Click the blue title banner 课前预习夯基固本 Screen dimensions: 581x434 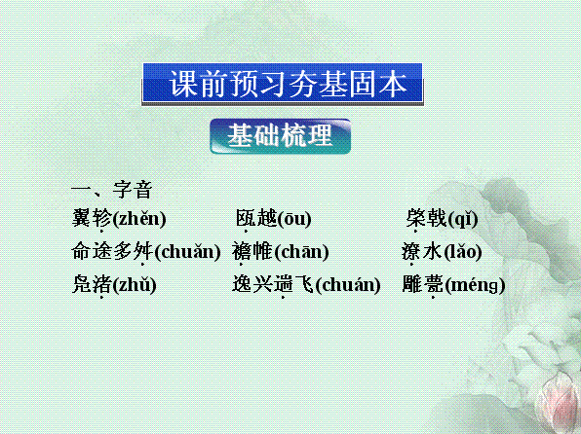pyautogui.click(x=283, y=85)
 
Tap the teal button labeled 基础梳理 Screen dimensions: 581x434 pyautogui.click(x=280, y=136)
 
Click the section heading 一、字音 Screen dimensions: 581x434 pyautogui.click(x=111, y=190)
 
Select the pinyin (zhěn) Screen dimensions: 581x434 pyautogui.click(x=139, y=219)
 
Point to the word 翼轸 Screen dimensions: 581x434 pyautogui.click(x=92, y=218)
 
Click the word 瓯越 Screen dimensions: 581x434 pyautogui.click(x=256, y=218)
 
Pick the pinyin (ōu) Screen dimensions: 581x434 pyautogui.click(x=293, y=219)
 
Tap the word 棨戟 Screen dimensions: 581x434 pyautogui.click(x=426, y=218)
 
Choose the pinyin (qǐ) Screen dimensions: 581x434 pyautogui.click(x=462, y=219)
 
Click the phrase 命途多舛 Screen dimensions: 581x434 pyautogui.click(x=112, y=251)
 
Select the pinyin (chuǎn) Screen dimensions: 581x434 pyautogui.click(x=187, y=252)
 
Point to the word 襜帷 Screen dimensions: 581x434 pyautogui.click(x=252, y=251)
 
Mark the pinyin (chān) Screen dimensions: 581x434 pyautogui.click(x=301, y=252)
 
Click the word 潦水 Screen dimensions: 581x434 pyautogui.click(x=422, y=251)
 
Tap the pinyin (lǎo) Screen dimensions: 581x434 pyautogui.click(x=462, y=252)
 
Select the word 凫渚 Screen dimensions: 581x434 pyautogui.click(x=92, y=284)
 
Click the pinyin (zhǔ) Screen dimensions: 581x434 pyautogui.click(x=135, y=285)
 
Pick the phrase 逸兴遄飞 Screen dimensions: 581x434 pyautogui.click(x=273, y=284)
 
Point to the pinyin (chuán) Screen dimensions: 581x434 pyautogui.click(x=348, y=285)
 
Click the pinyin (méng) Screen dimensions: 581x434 pyautogui.click(x=475, y=286)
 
